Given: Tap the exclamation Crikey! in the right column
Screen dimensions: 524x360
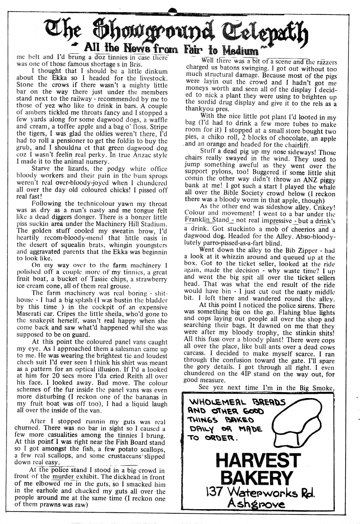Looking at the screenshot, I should tap(324, 207).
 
